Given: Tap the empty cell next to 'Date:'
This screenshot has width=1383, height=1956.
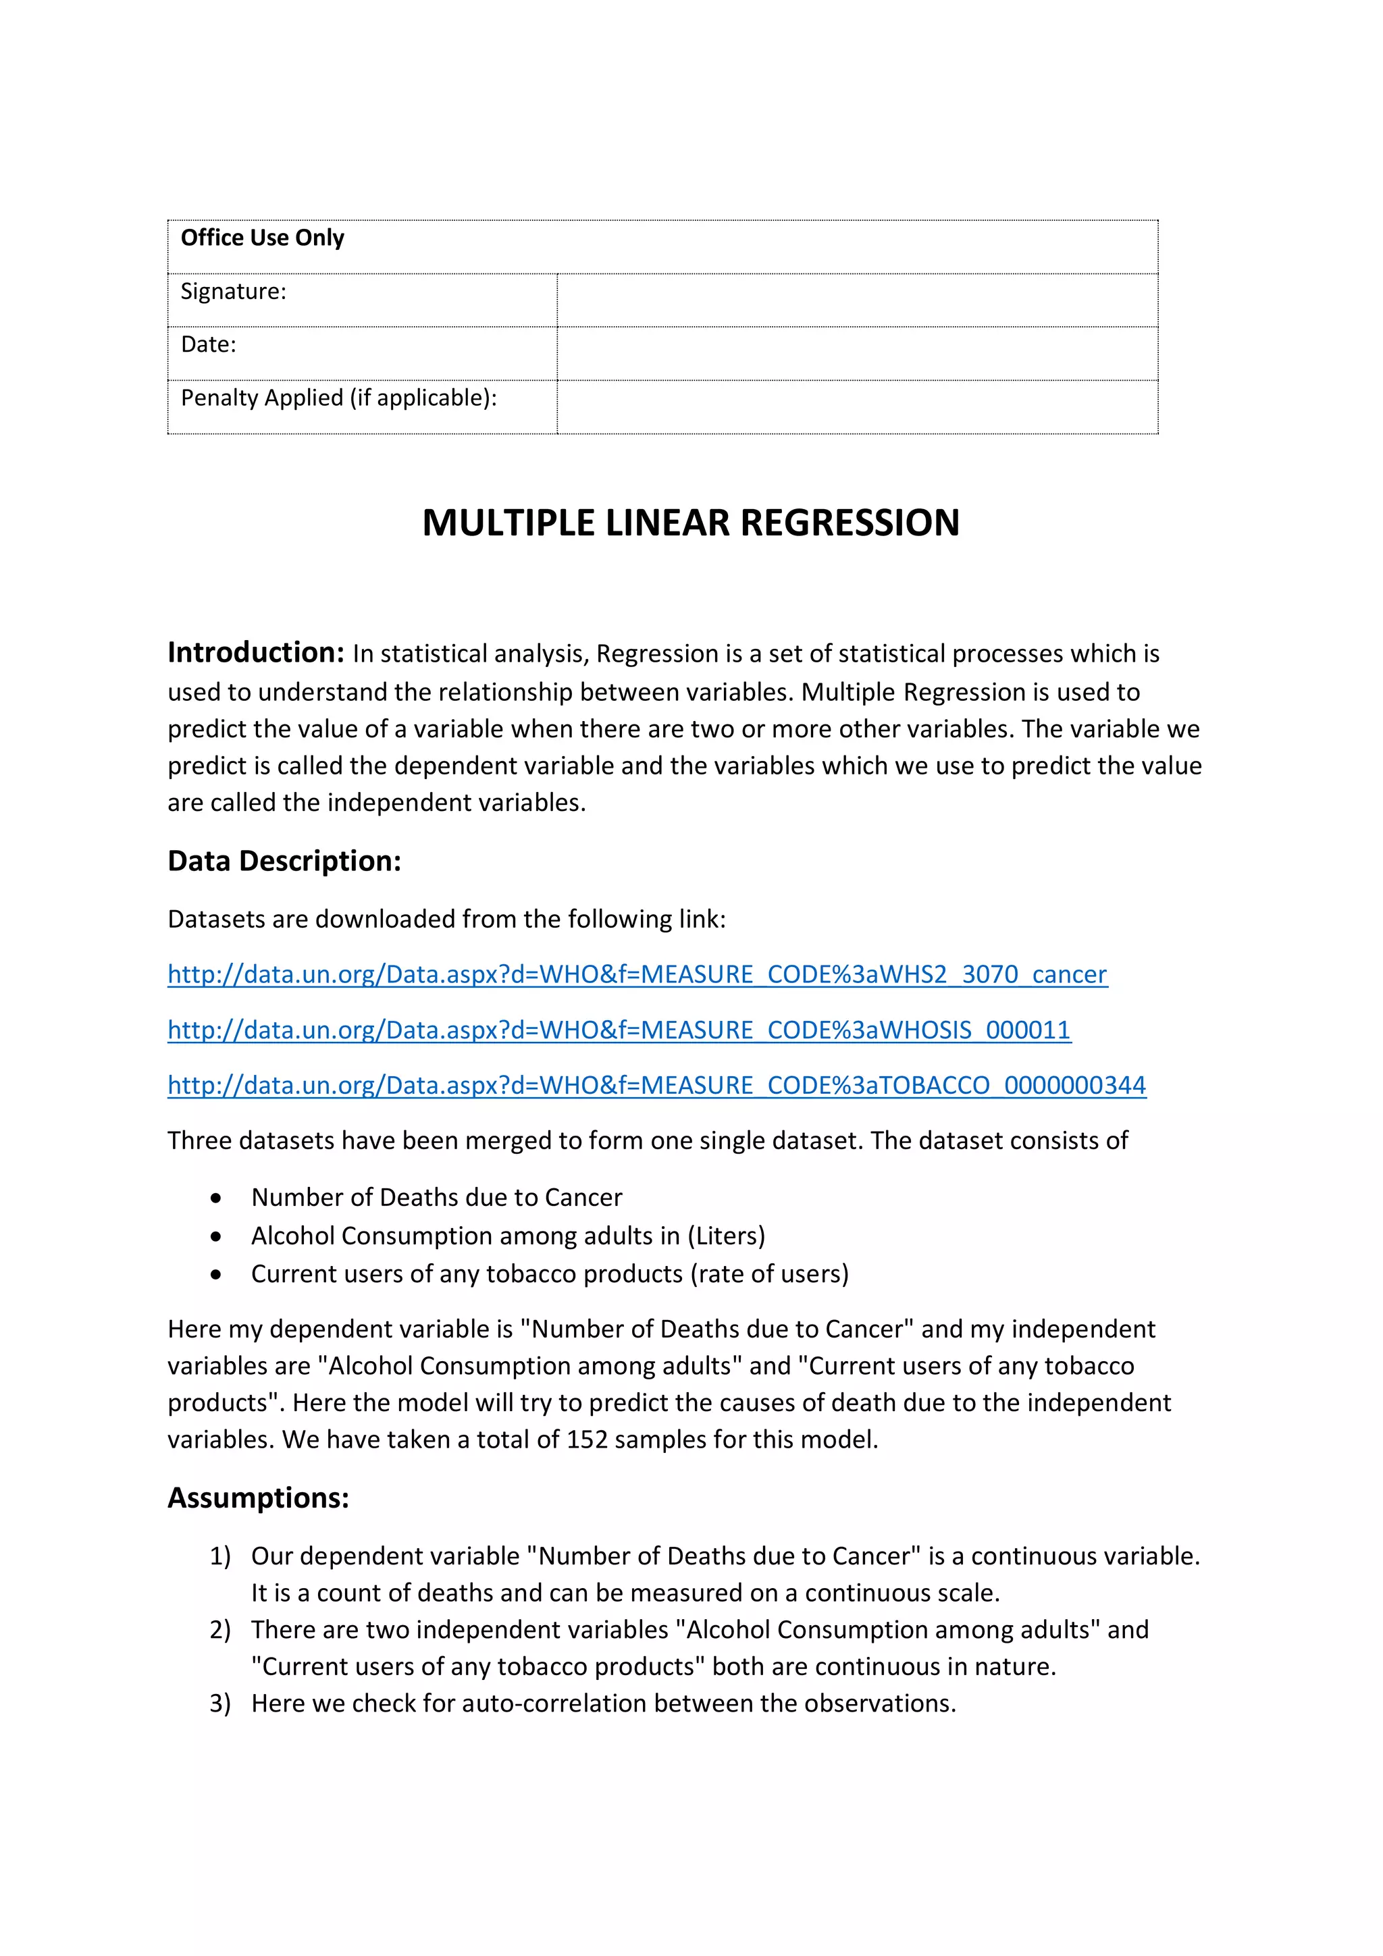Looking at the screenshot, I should tap(856, 354).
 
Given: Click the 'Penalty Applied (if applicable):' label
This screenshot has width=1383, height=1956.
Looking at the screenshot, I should tap(338, 398).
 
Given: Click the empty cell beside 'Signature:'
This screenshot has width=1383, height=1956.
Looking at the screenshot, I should tap(856, 300).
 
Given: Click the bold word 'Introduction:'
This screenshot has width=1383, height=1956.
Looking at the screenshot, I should tap(256, 653).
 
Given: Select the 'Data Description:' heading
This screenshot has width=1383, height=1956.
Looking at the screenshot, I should tap(284, 862).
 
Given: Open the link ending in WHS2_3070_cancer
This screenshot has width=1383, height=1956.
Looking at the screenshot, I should tap(637, 974).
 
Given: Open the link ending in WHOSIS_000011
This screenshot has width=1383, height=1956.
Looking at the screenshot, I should tap(619, 1030).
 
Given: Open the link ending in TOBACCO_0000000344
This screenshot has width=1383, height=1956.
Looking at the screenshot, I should tap(656, 1085).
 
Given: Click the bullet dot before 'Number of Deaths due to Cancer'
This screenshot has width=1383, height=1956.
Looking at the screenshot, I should tap(217, 1198).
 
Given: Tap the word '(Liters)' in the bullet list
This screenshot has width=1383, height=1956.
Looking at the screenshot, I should tap(726, 1236).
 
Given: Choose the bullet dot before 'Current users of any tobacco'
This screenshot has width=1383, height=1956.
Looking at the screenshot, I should tap(217, 1275).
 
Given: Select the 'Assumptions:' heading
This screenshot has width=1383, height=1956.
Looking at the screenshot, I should tap(258, 1498).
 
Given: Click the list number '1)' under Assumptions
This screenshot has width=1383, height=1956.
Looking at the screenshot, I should tap(220, 1556).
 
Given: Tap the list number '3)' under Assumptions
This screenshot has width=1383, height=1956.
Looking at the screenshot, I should tap(220, 1703).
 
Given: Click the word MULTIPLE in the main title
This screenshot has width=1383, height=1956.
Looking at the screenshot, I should tap(508, 523).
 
